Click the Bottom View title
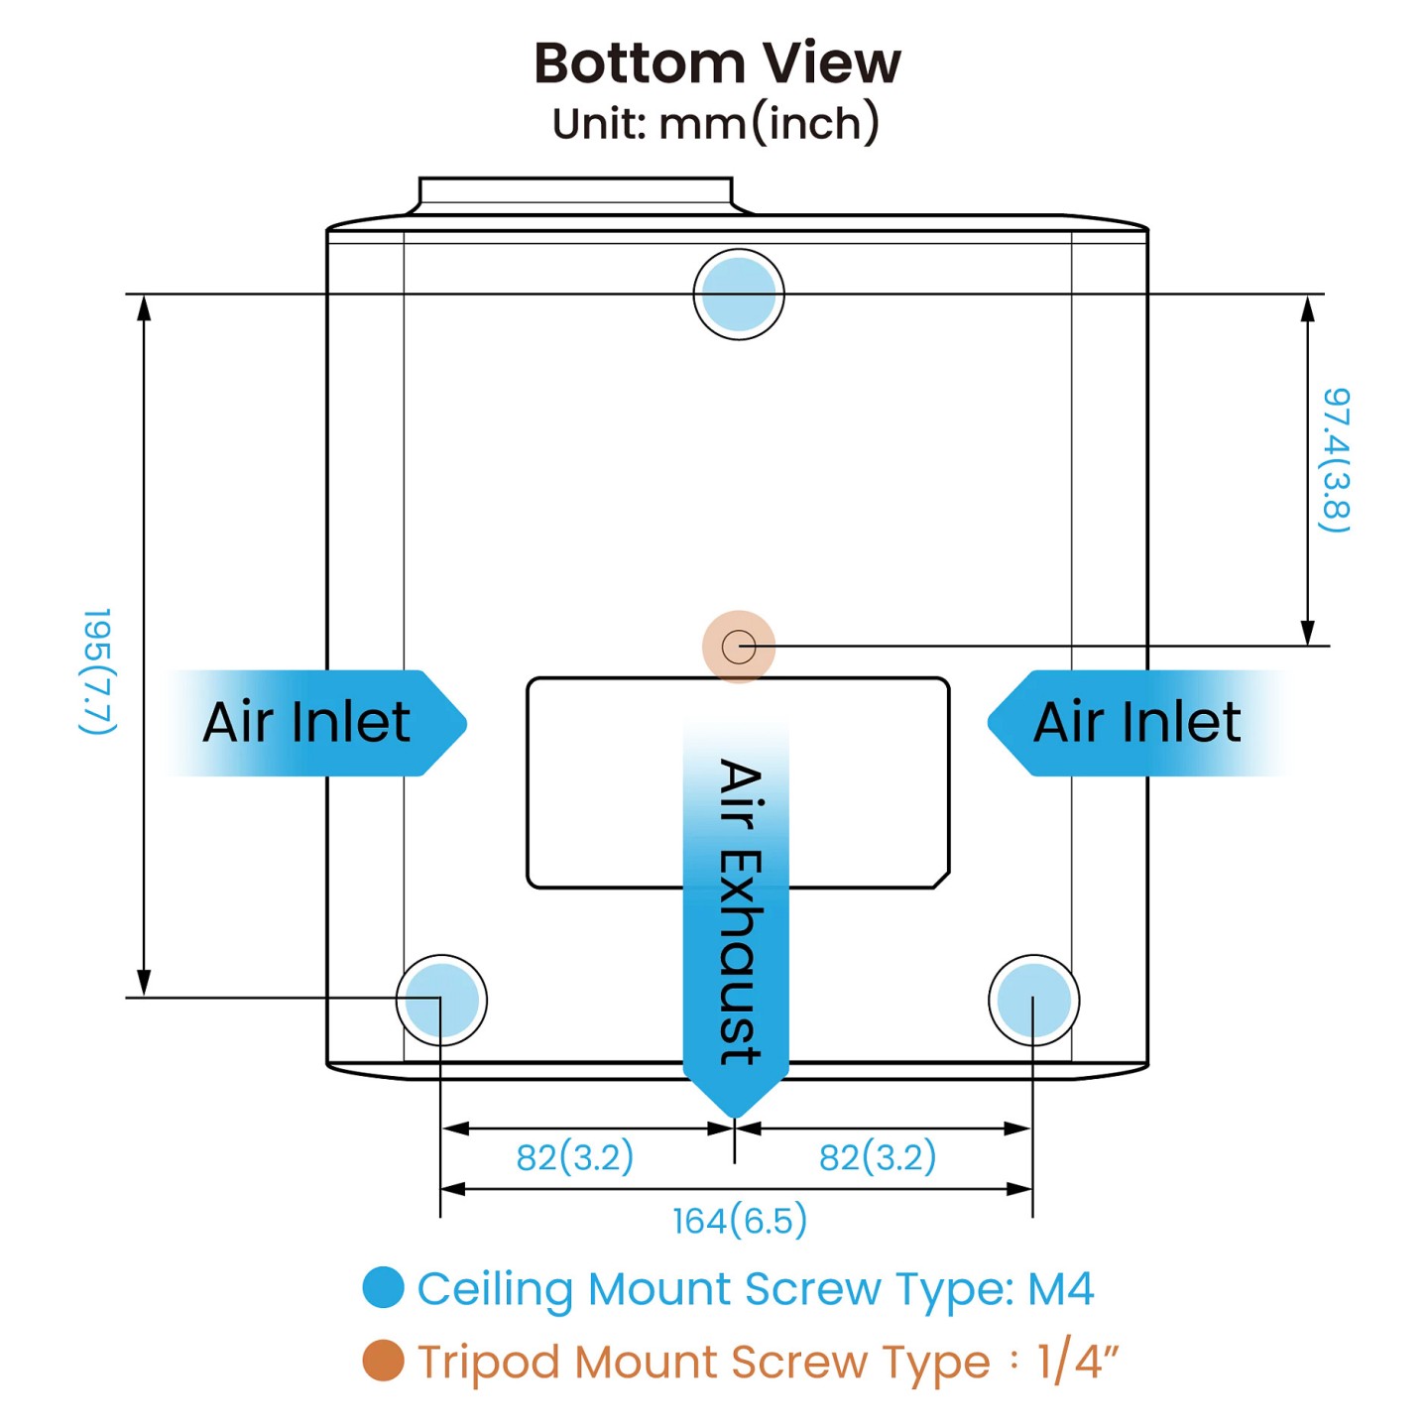(717, 63)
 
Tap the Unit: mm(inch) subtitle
(716, 123)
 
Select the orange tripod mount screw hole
(738, 647)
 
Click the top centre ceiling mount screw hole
(738, 295)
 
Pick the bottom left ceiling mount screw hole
(441, 1001)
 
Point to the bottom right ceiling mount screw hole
(1033, 1001)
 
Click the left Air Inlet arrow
(316, 723)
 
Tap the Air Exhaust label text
(741, 911)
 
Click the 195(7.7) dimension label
(98, 671)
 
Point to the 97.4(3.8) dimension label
(1336, 460)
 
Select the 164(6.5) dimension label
(739, 1221)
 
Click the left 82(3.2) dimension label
(575, 1156)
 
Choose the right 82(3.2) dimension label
(878, 1156)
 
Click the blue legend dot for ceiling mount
(383, 1287)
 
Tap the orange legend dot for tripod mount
(383, 1361)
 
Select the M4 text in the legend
(1060, 1289)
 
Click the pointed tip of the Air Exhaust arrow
(735, 1118)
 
